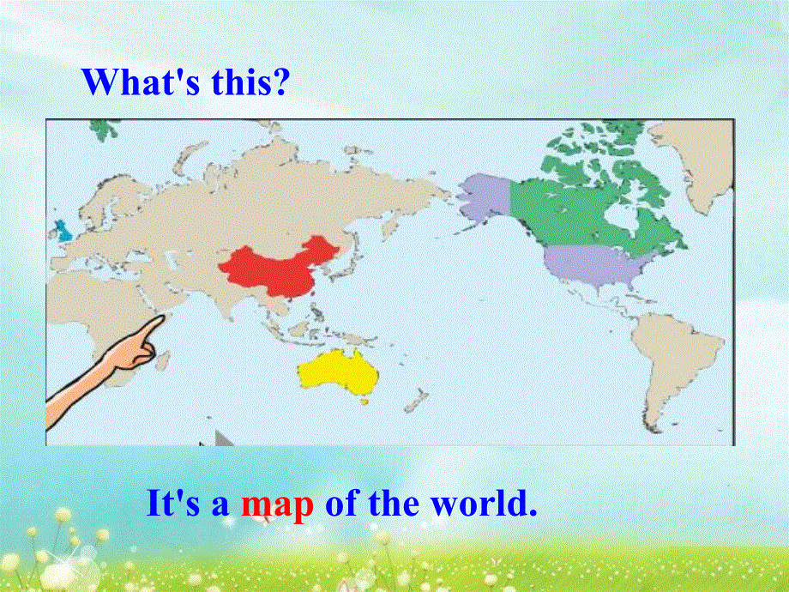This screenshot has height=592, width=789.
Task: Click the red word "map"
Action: point(277,504)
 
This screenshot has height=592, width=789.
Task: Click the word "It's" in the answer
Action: point(175,504)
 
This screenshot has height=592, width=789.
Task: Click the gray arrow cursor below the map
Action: point(222,438)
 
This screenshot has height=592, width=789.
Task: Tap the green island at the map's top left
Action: point(104,130)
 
